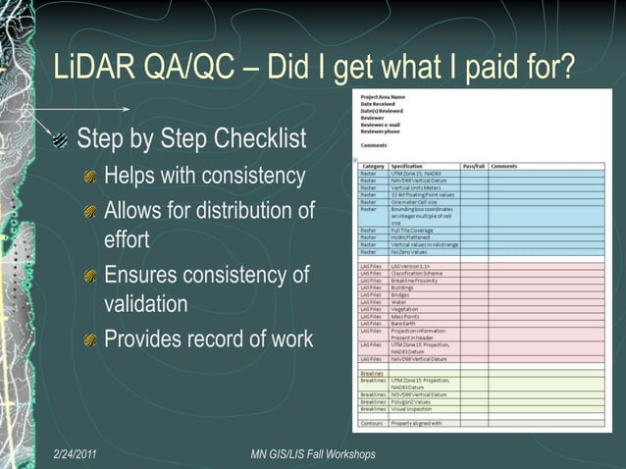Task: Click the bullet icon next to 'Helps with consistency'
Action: coord(91,178)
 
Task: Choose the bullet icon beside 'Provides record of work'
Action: coord(91,340)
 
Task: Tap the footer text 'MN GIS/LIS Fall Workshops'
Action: coord(313,454)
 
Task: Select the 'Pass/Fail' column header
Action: coord(474,166)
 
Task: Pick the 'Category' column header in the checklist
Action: coord(373,166)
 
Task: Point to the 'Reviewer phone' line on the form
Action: coord(381,131)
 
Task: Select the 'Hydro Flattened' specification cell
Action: coord(413,236)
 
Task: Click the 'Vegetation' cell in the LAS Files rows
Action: coord(406,309)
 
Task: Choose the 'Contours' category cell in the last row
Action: coord(372,423)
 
